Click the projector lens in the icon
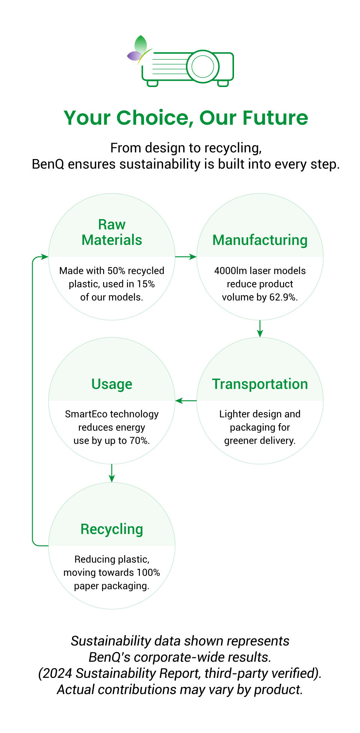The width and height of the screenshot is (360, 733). click(202, 66)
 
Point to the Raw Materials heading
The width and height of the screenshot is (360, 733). click(112, 232)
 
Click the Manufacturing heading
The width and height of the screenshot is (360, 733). click(260, 240)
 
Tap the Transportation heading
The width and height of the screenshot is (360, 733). click(260, 384)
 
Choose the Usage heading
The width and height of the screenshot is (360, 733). click(112, 384)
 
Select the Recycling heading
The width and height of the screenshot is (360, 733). click(112, 529)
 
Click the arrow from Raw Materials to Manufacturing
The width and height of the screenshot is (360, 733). click(186, 257)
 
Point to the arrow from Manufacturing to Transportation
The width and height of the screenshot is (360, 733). click(260, 329)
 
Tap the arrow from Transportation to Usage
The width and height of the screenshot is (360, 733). click(186, 401)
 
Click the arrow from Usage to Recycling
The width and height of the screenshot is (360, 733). click(112, 473)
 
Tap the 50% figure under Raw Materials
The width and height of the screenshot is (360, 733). click(115, 270)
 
